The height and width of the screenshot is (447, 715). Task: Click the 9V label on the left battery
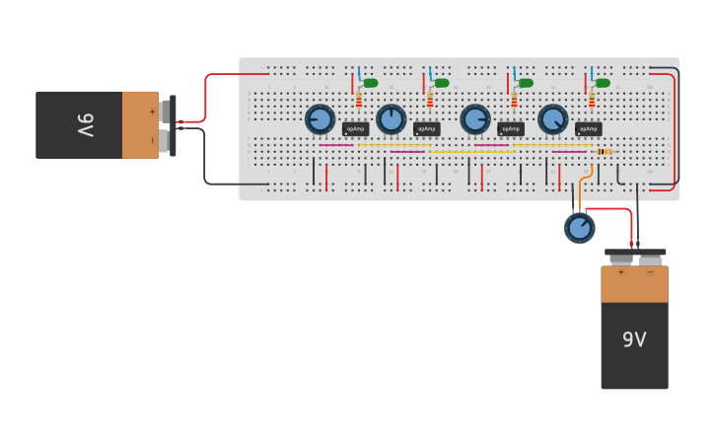tap(86, 125)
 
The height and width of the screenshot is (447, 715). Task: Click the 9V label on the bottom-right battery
tap(634, 339)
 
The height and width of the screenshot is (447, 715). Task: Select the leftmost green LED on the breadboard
tap(370, 83)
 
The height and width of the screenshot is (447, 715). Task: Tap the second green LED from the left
tap(441, 83)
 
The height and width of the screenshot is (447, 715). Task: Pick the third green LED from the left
tap(525, 83)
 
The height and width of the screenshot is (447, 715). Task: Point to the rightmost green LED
tap(602, 83)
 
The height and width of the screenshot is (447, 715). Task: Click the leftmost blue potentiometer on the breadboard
tap(320, 119)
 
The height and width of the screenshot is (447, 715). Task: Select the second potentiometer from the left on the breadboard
tap(391, 119)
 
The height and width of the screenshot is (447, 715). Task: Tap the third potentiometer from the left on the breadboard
tap(475, 119)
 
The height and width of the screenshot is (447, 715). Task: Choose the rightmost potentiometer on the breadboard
tap(552, 119)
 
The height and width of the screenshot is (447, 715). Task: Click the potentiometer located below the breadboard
tap(580, 228)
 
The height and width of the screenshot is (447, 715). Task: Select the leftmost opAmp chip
tap(355, 129)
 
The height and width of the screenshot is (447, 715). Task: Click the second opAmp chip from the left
tap(427, 129)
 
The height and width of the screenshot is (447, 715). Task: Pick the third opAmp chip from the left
tap(511, 129)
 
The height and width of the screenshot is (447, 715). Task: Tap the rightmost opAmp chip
tap(588, 129)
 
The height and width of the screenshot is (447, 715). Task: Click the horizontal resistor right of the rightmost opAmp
tap(605, 151)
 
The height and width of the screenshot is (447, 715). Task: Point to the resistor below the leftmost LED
tap(359, 100)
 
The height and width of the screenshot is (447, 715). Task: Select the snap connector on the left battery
tap(173, 125)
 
